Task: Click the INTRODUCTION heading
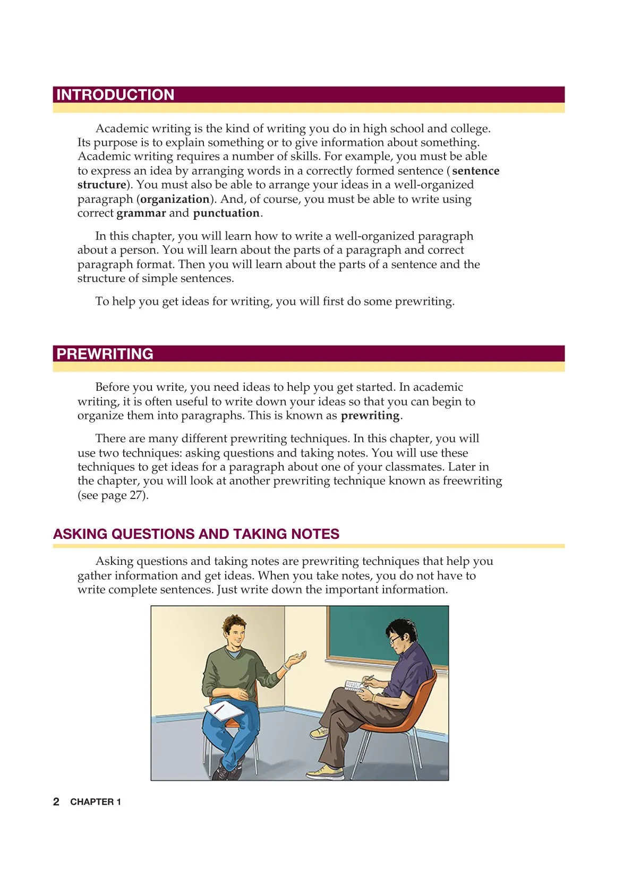[115, 95]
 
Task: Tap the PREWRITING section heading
[105, 354]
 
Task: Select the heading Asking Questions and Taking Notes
[196, 534]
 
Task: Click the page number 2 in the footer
[56, 802]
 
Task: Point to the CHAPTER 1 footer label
[96, 802]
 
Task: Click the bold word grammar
[141, 213]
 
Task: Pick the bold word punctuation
[226, 213]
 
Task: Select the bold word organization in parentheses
[175, 199]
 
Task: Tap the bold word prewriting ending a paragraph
[370, 416]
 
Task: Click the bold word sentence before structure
[476, 171]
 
